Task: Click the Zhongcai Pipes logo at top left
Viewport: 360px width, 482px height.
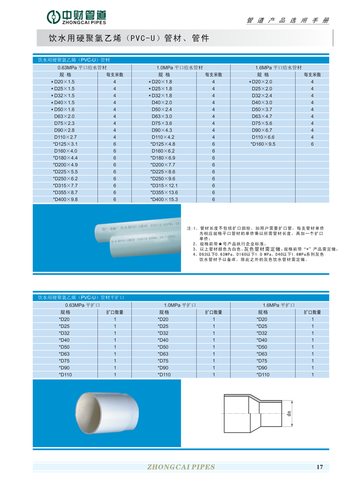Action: (76, 17)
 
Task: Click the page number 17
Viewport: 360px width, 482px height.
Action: (319, 467)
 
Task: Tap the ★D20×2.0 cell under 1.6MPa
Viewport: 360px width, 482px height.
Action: (262, 82)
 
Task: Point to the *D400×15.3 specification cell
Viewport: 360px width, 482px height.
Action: (164, 199)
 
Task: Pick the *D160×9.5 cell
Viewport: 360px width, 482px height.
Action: (263, 144)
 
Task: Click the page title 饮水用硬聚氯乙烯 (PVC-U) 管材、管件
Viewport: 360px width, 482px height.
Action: (129, 37)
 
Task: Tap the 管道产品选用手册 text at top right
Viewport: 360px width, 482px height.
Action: (287, 20)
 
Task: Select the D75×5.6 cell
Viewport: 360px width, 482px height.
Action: (262, 123)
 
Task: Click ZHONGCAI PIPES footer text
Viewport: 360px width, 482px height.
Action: (182, 467)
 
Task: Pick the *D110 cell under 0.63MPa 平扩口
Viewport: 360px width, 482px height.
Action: (65, 374)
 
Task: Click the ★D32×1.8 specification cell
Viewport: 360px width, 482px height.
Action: (162, 96)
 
